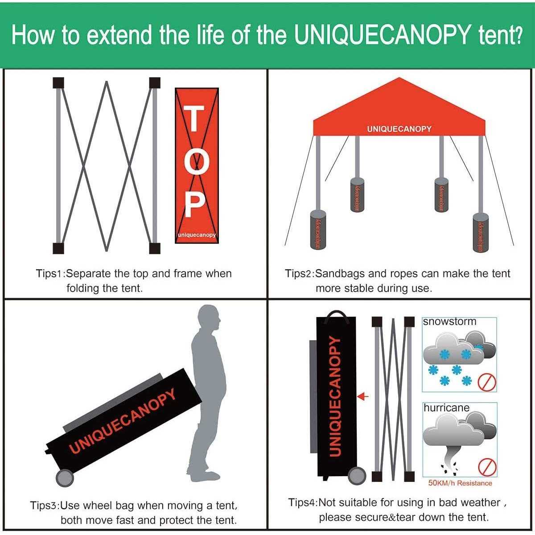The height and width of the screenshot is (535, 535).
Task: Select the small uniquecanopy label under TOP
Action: pyautogui.click(x=197, y=235)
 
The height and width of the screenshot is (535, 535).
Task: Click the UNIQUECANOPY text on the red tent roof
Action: pyautogui.click(x=399, y=129)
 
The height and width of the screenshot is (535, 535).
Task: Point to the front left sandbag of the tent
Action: pyautogui.click(x=317, y=230)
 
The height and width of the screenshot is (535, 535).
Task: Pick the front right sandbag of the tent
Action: pyautogui.click(x=480, y=232)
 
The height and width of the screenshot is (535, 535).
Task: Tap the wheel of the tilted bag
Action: pyautogui.click(x=65, y=477)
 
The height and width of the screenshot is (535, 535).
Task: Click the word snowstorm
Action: pyautogui.click(x=449, y=321)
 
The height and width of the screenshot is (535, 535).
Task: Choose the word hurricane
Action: pyautogui.click(x=446, y=407)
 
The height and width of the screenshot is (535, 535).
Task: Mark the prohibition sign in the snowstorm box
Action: pyautogui.click(x=487, y=382)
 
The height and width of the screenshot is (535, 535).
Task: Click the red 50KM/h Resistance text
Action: pyautogui.click(x=460, y=483)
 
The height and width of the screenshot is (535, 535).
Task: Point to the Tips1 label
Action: pyautogui.click(x=50, y=273)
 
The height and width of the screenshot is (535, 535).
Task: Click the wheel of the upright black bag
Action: pyautogui.click(x=357, y=475)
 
